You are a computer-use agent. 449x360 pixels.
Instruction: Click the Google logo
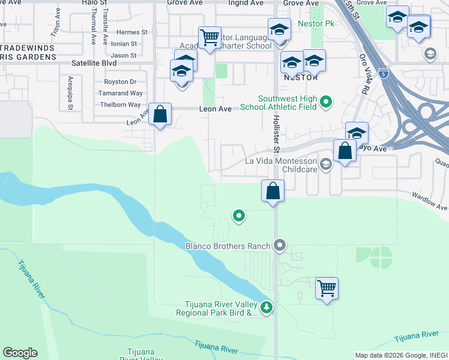pos(20,353)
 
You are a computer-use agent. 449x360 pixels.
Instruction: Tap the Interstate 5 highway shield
pos(383,74)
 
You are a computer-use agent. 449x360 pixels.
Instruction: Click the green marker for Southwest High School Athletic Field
pos(326,102)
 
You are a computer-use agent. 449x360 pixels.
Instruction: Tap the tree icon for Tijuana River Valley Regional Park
pos(267,308)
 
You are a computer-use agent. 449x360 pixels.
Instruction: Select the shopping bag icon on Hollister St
pos(273,191)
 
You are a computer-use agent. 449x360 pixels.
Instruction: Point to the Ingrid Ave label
pos(246,3)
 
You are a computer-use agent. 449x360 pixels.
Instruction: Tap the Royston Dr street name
pos(120,82)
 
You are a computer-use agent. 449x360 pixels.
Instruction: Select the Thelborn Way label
pos(121,104)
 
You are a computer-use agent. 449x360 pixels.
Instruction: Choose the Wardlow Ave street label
pos(430,201)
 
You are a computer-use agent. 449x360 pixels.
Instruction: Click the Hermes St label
pos(132,32)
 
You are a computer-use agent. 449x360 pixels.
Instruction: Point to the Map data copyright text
pos(400,355)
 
